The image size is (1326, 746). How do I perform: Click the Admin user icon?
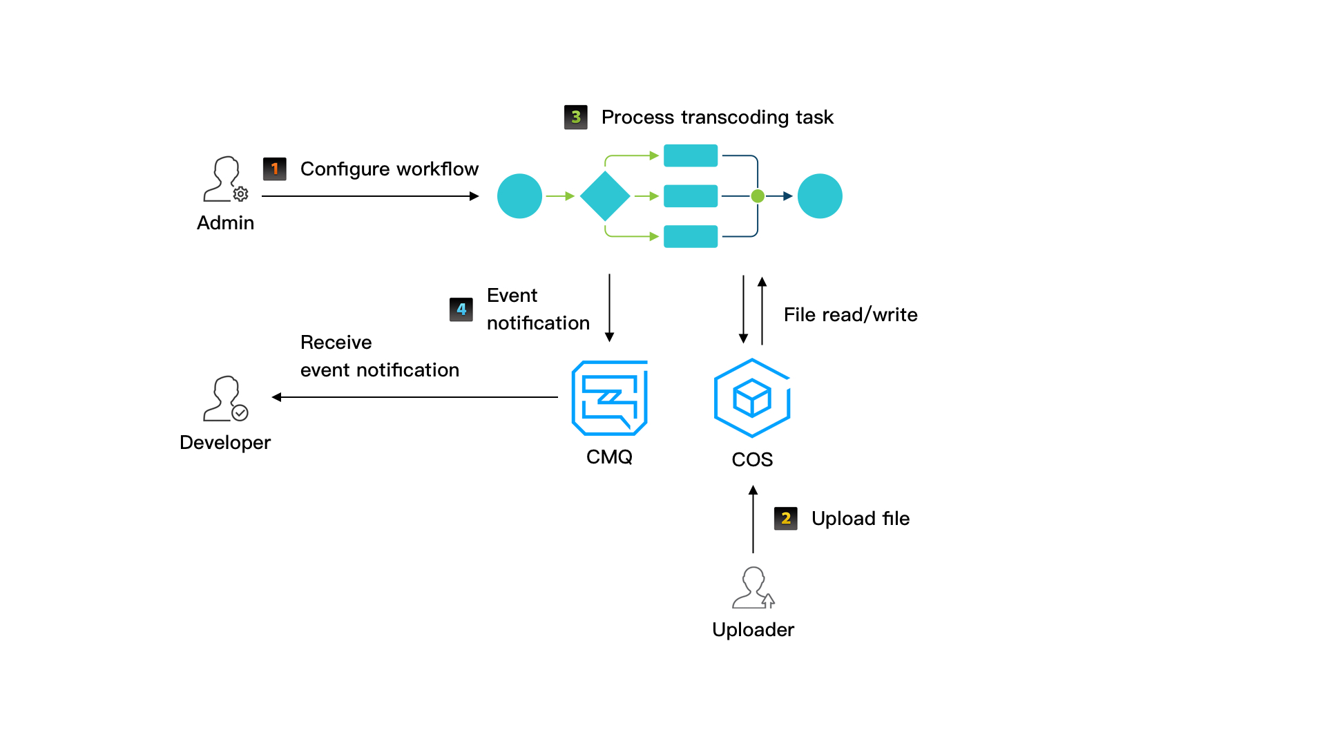(225, 180)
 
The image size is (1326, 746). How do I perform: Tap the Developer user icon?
(225, 399)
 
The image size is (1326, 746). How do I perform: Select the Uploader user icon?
(753, 588)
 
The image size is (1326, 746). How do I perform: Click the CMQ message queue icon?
(609, 398)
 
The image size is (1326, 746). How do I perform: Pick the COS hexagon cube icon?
(752, 398)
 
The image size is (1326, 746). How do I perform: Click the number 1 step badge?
(275, 169)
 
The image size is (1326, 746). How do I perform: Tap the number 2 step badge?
(786, 518)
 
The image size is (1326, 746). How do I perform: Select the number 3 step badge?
(576, 117)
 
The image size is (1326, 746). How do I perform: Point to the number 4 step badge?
(461, 309)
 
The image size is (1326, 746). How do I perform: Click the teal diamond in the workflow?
(605, 196)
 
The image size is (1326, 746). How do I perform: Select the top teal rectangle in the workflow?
(691, 155)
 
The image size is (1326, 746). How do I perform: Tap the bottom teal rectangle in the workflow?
(691, 236)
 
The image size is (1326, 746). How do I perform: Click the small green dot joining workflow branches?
(758, 196)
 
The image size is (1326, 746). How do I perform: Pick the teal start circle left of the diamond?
(519, 196)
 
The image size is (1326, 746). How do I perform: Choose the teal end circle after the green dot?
(820, 196)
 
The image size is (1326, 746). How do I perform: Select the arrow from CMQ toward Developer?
(414, 397)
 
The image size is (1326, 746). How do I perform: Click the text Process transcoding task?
(717, 117)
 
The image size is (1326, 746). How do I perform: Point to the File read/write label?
(850, 315)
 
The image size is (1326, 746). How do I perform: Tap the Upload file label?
(861, 519)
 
